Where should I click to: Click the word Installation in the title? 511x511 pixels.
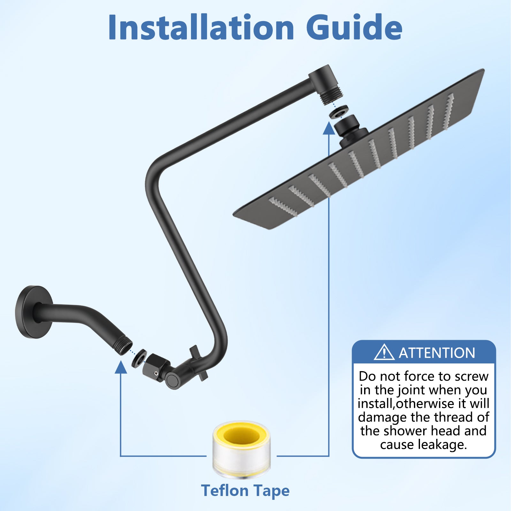(x=201, y=27)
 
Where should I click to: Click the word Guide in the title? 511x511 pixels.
(x=354, y=27)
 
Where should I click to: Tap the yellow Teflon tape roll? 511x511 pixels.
(x=241, y=449)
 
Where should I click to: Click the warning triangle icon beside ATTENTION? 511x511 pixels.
(x=384, y=352)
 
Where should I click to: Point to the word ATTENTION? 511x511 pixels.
(x=437, y=353)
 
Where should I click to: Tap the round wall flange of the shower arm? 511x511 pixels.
(x=34, y=312)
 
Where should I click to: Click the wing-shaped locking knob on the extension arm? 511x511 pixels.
(x=198, y=363)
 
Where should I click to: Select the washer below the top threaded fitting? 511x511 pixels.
(x=339, y=112)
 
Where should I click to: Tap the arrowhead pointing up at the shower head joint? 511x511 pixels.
(x=329, y=128)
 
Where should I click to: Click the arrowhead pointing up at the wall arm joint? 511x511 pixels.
(x=121, y=367)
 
